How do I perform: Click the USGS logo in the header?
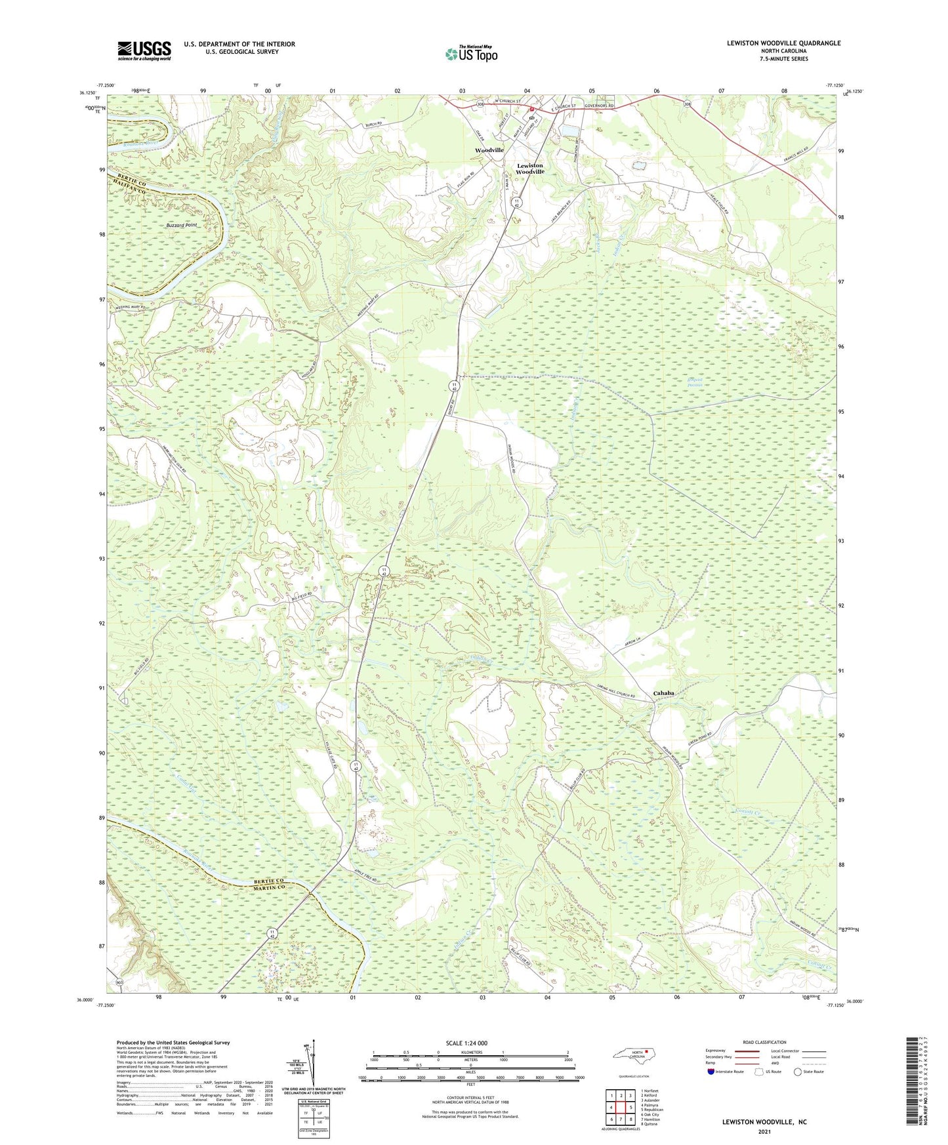144,50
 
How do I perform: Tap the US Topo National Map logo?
470,54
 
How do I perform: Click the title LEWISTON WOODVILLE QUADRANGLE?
783,43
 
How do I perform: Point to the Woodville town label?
489,150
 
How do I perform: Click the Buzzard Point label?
181,225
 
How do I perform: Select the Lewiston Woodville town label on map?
530,169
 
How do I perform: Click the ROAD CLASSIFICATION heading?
764,1042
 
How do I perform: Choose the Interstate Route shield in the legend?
711,1072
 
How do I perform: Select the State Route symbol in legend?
798,1072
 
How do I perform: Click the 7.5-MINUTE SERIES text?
783,59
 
